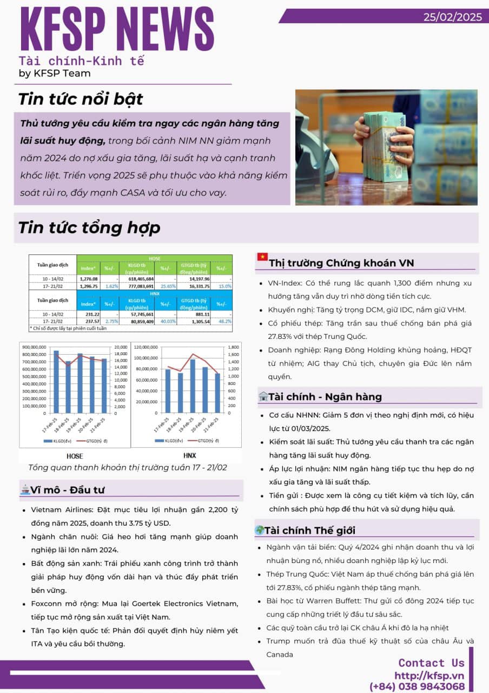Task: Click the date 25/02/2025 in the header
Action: click(x=452, y=17)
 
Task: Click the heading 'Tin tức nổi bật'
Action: click(x=81, y=99)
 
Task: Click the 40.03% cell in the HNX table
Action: click(x=166, y=321)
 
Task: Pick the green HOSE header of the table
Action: click(x=155, y=259)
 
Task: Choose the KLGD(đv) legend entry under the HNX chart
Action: click(x=166, y=441)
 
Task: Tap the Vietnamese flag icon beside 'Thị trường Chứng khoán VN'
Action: click(x=262, y=257)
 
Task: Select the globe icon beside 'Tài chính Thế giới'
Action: click(x=260, y=531)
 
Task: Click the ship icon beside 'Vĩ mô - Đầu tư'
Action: click(x=24, y=489)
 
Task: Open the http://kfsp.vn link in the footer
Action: click(x=429, y=675)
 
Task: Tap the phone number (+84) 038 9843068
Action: click(x=417, y=687)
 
